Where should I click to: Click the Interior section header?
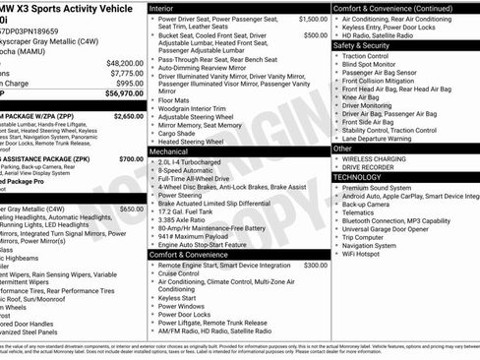point(161,7)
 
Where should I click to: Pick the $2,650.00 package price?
point(128,115)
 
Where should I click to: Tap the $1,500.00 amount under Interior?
point(314,19)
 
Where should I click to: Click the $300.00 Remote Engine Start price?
point(316,265)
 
